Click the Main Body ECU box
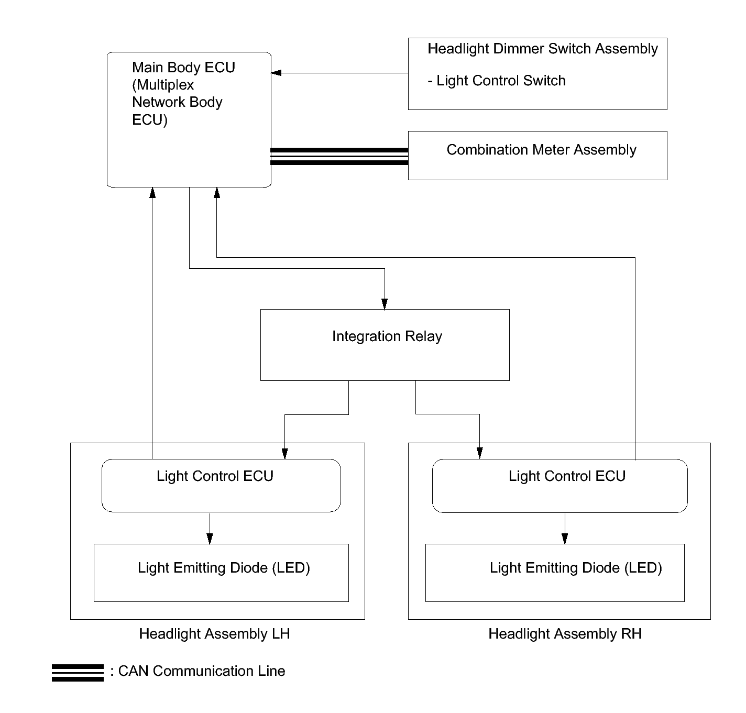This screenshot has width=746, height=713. click(189, 119)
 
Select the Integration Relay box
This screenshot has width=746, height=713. click(385, 344)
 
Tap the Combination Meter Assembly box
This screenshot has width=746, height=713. click(537, 155)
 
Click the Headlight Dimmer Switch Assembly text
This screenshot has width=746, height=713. click(542, 49)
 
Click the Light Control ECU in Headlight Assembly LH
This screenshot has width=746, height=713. click(221, 485)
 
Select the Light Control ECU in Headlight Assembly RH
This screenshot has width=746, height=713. click(559, 485)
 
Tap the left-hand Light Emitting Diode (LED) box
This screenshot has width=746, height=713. click(221, 572)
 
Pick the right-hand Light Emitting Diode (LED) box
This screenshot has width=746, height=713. click(554, 572)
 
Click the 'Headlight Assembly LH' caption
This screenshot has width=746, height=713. click(214, 634)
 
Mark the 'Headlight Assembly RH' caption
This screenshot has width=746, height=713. click(565, 634)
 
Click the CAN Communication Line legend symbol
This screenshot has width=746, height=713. click(78, 672)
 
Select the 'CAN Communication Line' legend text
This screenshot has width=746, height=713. click(202, 671)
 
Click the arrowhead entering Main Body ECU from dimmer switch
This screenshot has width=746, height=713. click(276, 73)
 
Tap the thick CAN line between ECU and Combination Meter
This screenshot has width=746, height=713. click(339, 156)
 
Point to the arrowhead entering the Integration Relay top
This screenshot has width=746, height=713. click(385, 304)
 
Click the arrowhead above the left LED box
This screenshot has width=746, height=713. click(210, 539)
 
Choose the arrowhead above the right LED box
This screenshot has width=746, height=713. click(565, 539)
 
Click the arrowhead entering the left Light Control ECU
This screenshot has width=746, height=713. click(284, 454)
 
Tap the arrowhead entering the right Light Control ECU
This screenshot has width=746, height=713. click(479, 454)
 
